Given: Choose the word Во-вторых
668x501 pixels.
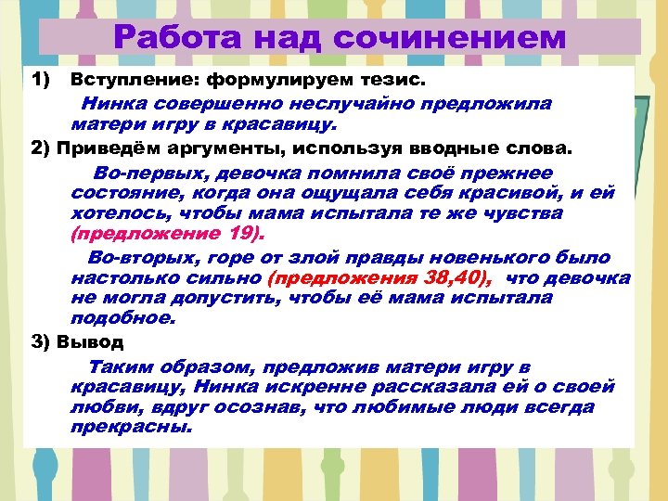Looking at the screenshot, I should [x=141, y=258].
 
